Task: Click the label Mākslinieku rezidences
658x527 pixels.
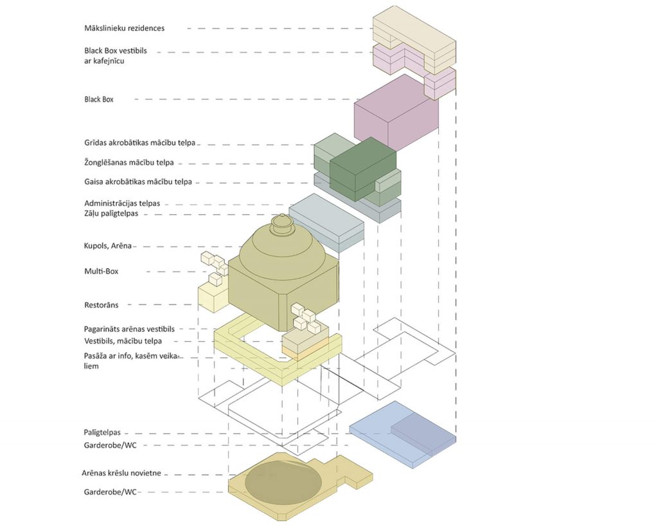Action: [x=124, y=28]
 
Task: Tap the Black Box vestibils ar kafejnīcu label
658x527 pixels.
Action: [x=116, y=55]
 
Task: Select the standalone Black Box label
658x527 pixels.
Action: [x=98, y=99]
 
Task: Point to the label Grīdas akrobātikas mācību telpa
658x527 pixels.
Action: [x=139, y=143]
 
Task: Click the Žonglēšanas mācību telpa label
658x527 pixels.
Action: [x=129, y=162]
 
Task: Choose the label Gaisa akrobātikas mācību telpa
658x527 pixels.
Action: [x=138, y=181]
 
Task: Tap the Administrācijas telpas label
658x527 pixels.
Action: [x=122, y=203]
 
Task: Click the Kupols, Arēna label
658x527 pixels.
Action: [x=108, y=246]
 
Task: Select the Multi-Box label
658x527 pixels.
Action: [x=101, y=271]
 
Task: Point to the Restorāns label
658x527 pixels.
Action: [x=101, y=305]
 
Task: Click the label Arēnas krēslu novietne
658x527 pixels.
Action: [x=121, y=473]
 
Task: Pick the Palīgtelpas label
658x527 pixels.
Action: [x=102, y=432]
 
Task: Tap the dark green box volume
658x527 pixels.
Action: [x=362, y=168]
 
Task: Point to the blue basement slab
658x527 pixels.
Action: [x=403, y=434]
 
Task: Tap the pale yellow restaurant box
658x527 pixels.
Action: [x=213, y=296]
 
